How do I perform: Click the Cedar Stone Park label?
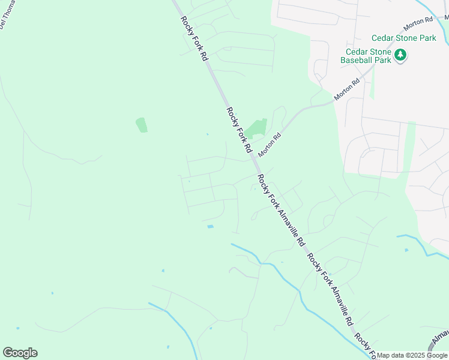(403, 38)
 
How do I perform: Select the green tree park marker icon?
(401, 56)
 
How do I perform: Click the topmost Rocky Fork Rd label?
(194, 38)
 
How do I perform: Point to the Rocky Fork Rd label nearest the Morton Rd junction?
(240, 129)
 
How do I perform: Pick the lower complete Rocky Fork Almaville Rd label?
(331, 290)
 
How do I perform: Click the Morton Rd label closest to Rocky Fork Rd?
(270, 145)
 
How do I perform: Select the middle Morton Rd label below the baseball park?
(347, 89)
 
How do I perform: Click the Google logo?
(20, 353)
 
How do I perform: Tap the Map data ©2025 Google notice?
(412, 356)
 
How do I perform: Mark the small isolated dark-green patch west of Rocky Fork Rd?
(142, 125)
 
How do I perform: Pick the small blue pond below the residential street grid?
(210, 226)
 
